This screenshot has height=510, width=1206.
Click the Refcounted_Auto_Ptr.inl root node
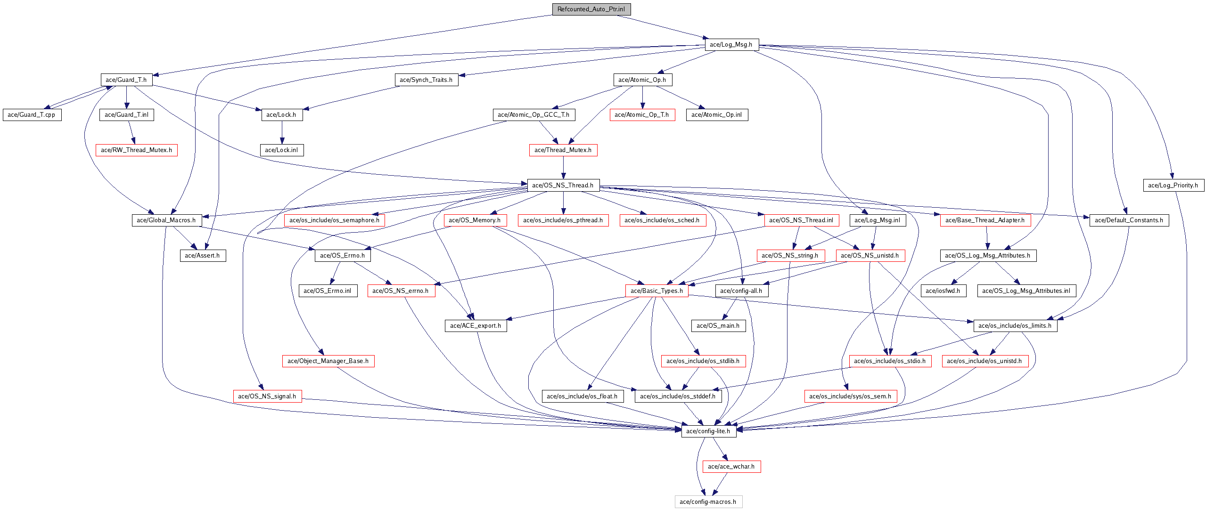(x=591, y=9)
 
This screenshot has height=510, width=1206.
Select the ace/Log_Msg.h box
(x=731, y=45)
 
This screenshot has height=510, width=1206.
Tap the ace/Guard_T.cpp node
(x=32, y=115)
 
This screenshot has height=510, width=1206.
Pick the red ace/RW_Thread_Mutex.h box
(x=137, y=150)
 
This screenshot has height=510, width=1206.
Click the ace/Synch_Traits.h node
(x=427, y=80)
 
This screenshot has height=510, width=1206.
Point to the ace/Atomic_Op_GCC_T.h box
(x=534, y=115)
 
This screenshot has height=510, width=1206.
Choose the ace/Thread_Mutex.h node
(x=563, y=150)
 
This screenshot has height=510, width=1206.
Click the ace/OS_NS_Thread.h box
(x=563, y=186)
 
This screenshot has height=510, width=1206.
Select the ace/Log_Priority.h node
(x=1173, y=186)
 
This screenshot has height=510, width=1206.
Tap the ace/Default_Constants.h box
(x=1129, y=220)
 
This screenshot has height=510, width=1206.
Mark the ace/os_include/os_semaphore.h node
(x=335, y=220)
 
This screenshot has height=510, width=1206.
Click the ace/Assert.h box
(x=203, y=256)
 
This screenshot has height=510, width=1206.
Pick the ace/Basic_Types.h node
(x=657, y=291)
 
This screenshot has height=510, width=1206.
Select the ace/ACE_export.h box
(x=476, y=326)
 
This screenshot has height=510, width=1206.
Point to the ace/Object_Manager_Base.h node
(x=328, y=361)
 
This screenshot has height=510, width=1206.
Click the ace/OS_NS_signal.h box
(x=268, y=397)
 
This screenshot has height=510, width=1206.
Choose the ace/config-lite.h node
(x=709, y=431)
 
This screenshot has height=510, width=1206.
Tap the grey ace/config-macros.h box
(x=708, y=502)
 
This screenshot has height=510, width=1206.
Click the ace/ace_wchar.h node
(x=731, y=467)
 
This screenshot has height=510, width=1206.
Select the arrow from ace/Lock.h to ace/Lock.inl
(x=282, y=132)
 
